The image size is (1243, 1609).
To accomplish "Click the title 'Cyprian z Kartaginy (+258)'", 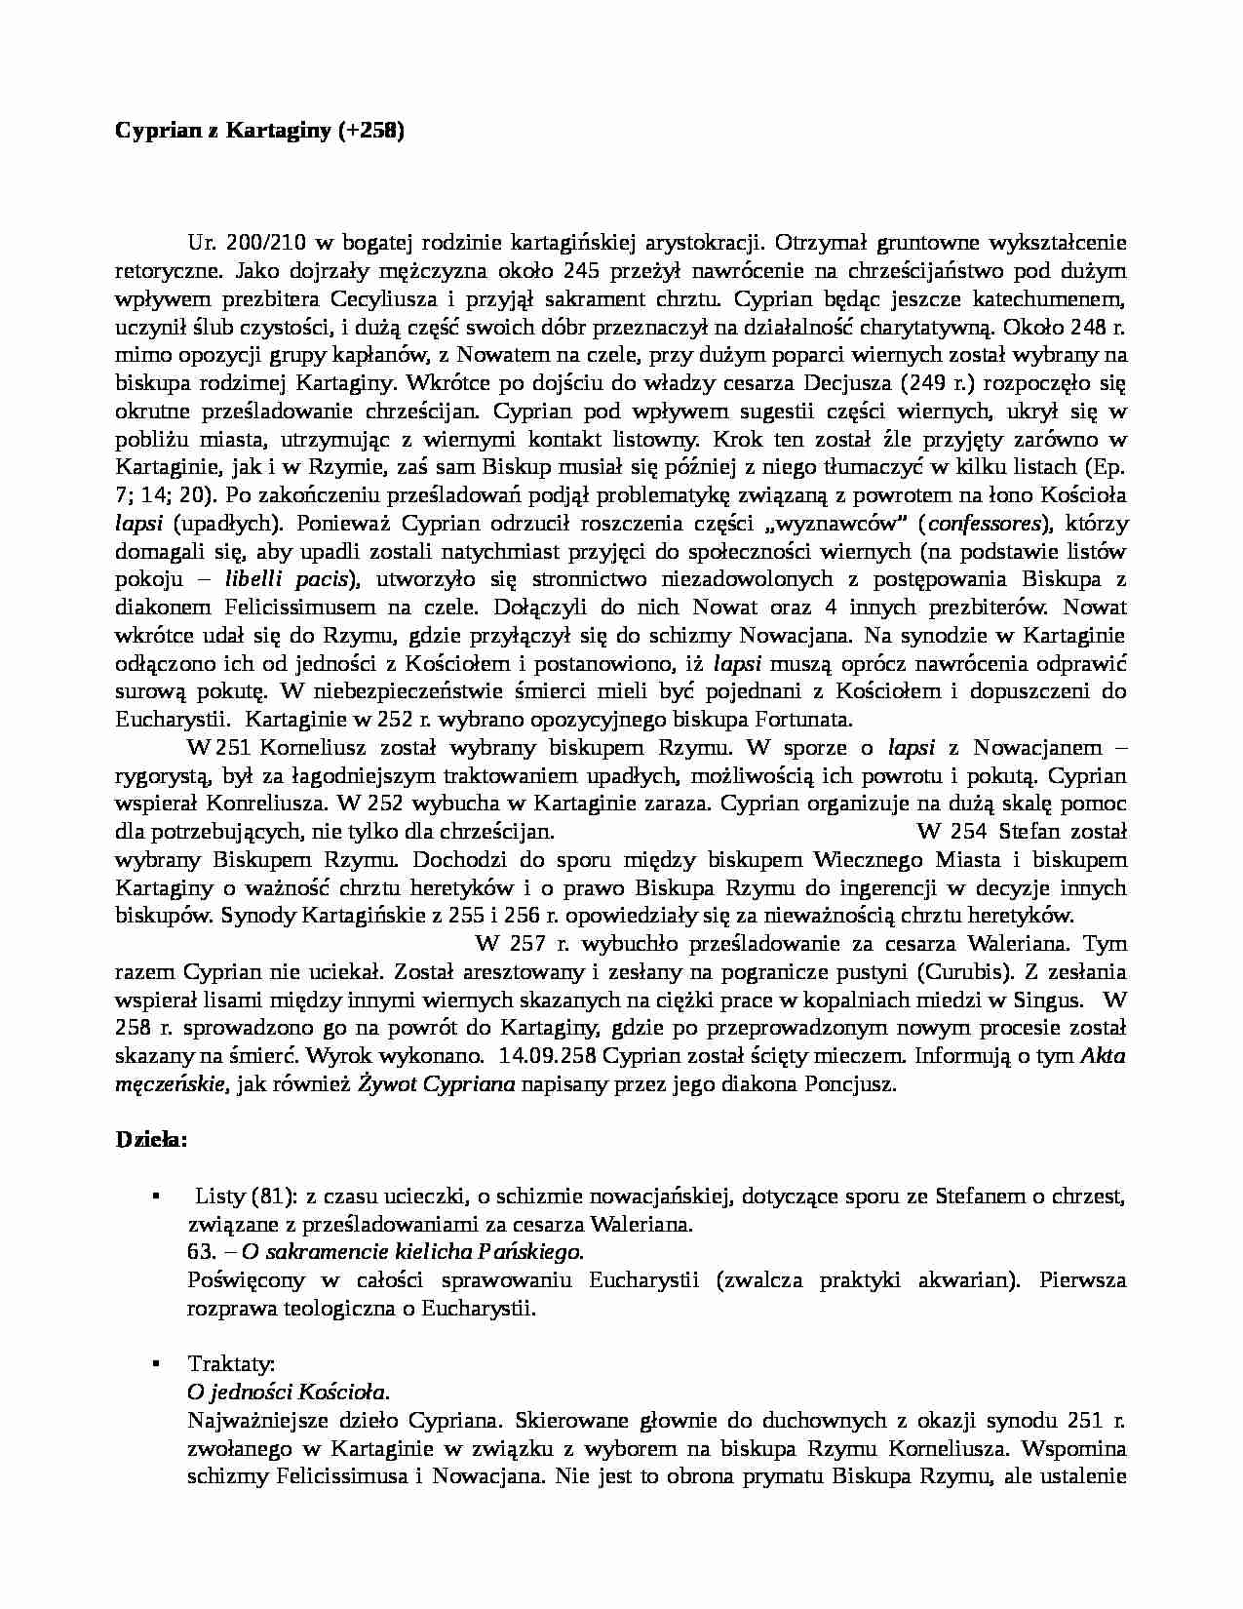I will click(259, 132).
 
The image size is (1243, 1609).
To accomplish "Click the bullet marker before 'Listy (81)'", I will click(155, 1195).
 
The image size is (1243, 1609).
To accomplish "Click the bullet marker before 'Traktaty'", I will click(155, 1363).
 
